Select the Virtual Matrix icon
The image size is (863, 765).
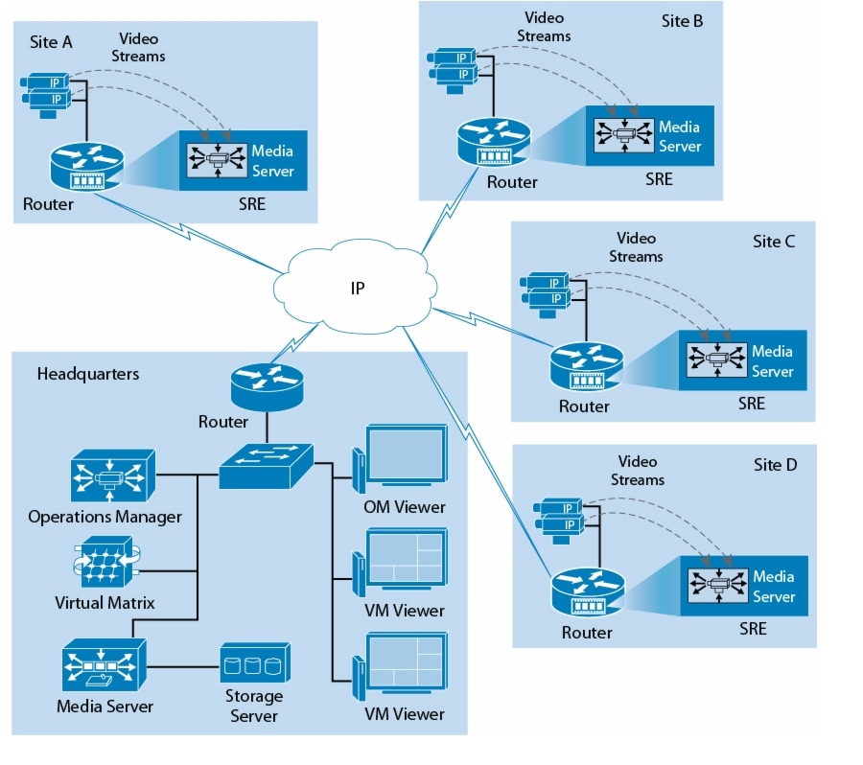click(106, 566)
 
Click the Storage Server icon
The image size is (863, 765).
click(254, 662)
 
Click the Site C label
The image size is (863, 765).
click(773, 242)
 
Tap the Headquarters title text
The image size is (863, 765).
click(87, 374)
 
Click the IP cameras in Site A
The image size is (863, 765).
click(47, 92)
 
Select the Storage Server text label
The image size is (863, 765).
click(254, 706)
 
